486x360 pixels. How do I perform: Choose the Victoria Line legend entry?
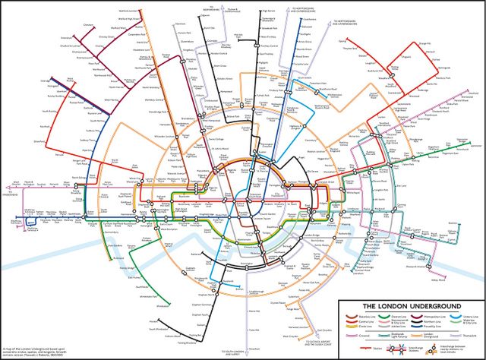469,315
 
